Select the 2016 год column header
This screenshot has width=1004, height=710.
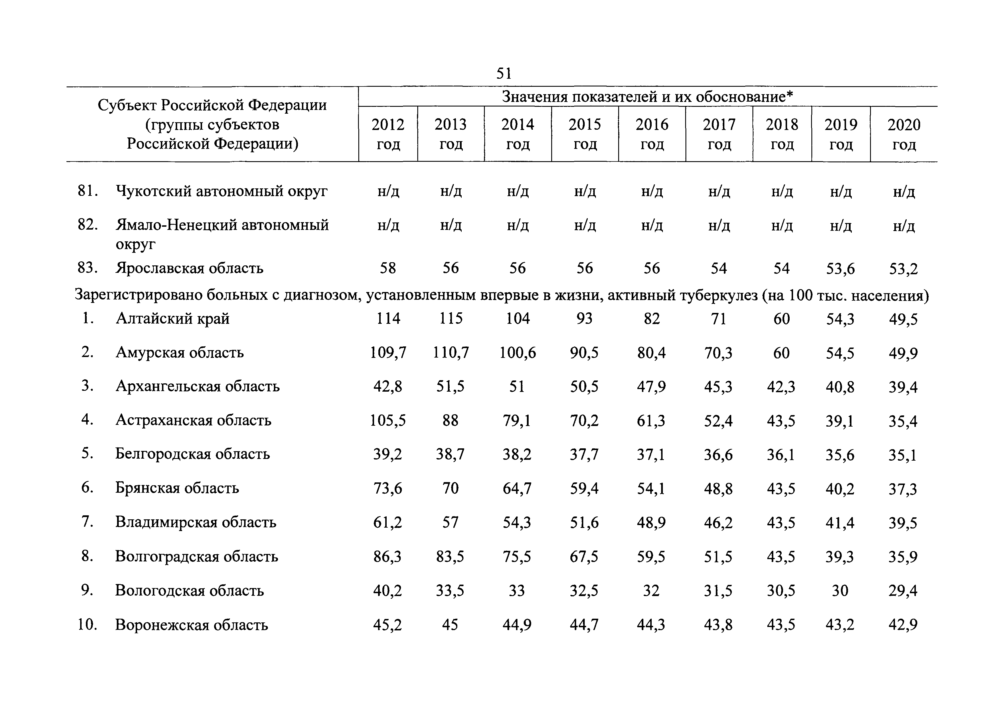click(652, 134)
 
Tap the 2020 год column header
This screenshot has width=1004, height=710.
click(904, 134)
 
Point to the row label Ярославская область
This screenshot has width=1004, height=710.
click(189, 268)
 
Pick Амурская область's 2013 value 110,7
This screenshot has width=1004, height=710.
click(451, 353)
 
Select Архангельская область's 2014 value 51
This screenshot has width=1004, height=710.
click(517, 387)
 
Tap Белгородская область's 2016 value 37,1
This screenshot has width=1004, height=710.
click(651, 455)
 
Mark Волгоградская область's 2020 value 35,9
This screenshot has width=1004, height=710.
click(903, 557)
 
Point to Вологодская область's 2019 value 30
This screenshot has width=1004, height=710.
click(840, 591)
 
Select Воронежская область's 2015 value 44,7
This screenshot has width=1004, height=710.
click(584, 625)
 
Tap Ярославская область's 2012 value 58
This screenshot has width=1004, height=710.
click(388, 268)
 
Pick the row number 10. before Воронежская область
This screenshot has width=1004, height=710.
click(87, 625)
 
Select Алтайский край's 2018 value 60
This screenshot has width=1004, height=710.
click(781, 318)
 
